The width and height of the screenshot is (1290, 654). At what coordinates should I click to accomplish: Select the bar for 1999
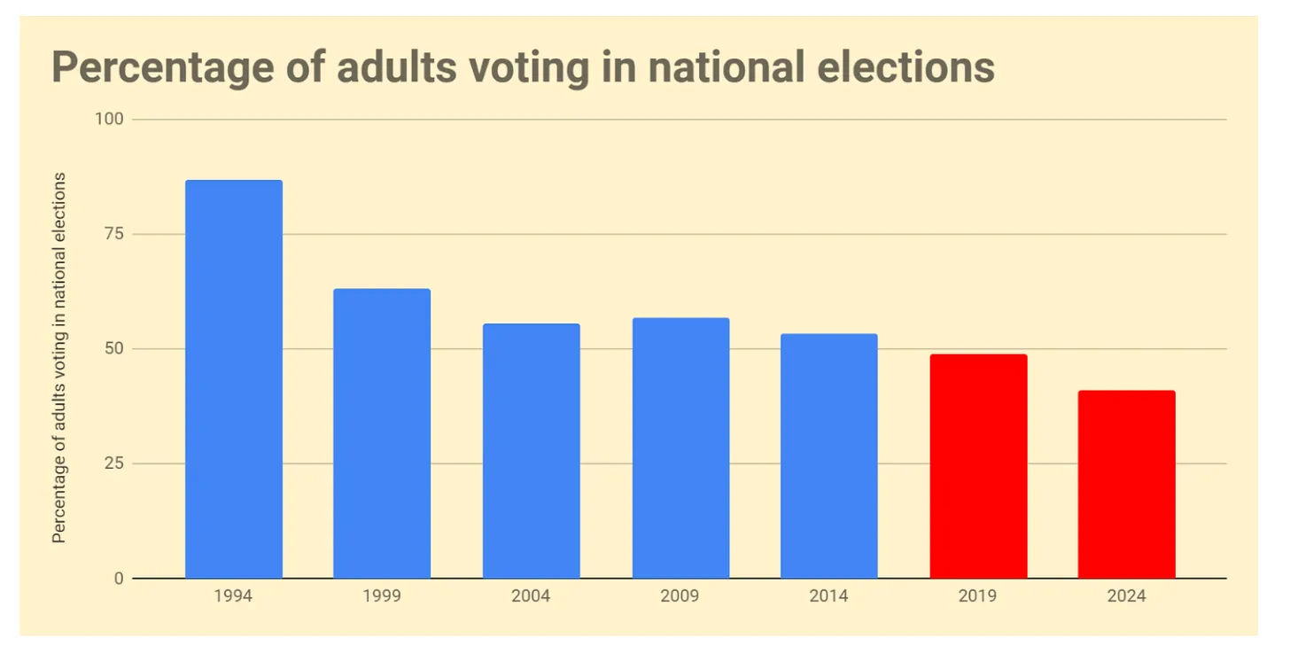coord(382,433)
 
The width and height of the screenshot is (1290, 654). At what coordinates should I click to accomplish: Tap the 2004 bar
coord(531,451)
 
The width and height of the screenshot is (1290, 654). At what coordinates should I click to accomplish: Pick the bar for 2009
coord(680,448)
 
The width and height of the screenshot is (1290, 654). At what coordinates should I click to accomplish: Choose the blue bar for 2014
coord(828,455)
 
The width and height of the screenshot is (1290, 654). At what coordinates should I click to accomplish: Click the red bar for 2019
coord(978,466)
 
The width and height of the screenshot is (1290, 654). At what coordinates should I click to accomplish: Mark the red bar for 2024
coord(1126,484)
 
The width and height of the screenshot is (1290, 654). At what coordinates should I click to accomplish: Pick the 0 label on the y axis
coord(118,579)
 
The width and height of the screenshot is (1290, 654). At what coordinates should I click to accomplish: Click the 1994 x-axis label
coord(233,596)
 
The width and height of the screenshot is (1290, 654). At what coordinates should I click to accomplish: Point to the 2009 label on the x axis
coord(680,596)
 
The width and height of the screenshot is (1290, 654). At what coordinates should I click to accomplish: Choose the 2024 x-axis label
coord(1126,596)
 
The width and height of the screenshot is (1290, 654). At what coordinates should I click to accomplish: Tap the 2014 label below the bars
coord(828,596)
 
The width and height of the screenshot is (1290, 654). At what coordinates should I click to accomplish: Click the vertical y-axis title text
coord(59,357)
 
